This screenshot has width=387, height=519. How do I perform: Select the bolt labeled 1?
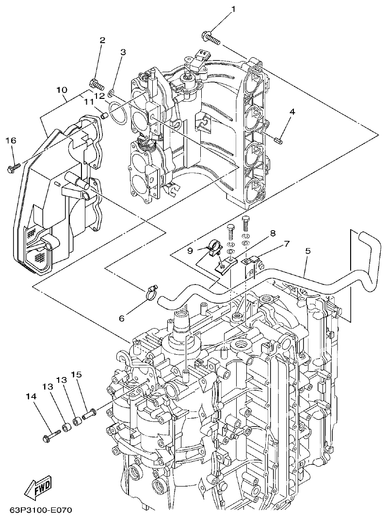pos(210,37)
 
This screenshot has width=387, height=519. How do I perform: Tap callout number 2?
pos(102,41)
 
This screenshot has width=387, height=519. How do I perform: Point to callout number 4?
pos(292,112)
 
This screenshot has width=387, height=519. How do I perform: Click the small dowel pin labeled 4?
pos(279,141)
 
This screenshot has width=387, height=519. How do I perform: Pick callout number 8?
pos(273,233)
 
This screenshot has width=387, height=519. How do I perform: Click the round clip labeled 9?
pos(212,248)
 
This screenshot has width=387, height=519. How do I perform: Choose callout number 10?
pos(61,90)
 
